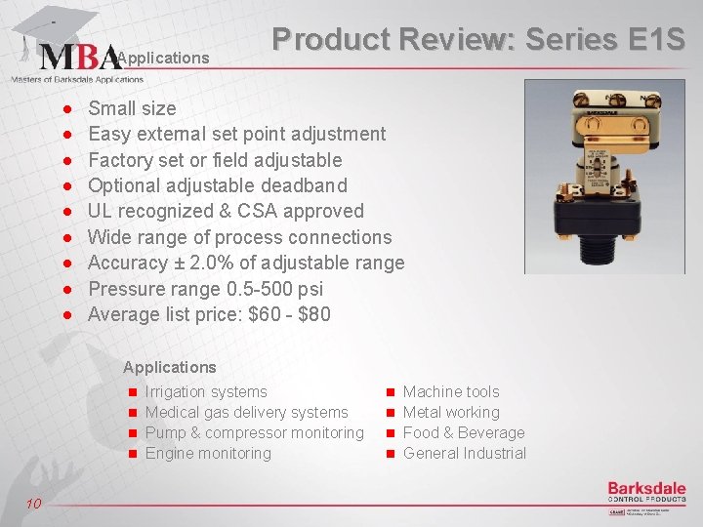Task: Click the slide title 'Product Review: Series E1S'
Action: [x=478, y=39]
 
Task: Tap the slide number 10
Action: [x=33, y=503]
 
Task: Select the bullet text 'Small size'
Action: [x=132, y=108]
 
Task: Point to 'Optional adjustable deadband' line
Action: [x=217, y=185]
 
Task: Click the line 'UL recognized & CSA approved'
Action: [x=226, y=211]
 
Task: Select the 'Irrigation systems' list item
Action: [x=205, y=391]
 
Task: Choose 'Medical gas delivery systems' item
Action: [x=246, y=412]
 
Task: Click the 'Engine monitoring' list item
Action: [x=207, y=453]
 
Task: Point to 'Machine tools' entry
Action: [x=450, y=391]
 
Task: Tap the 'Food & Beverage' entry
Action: [x=463, y=432]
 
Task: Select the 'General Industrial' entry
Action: [x=464, y=453]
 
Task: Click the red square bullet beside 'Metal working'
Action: [x=390, y=413]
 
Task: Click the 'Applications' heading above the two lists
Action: [x=169, y=367]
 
